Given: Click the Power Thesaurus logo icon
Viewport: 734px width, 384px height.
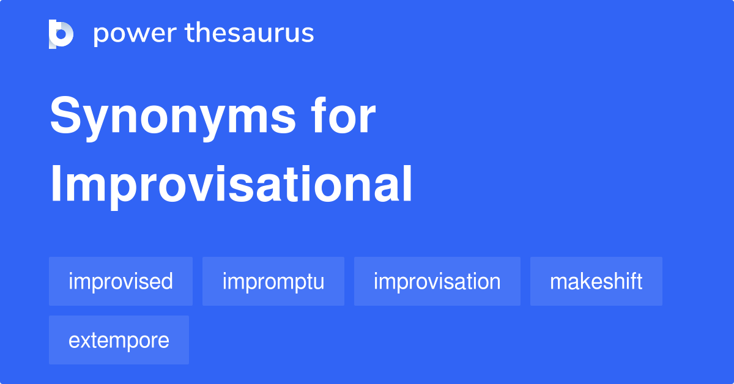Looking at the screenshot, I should (x=61, y=34).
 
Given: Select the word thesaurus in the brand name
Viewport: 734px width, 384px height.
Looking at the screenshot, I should (x=250, y=34).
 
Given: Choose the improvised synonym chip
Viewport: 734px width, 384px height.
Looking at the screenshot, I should (x=120, y=282).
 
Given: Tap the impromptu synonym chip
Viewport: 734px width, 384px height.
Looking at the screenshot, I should (x=273, y=282).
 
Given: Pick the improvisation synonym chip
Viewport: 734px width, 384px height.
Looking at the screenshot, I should (x=437, y=282).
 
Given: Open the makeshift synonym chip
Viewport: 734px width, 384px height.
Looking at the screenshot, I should (x=596, y=282).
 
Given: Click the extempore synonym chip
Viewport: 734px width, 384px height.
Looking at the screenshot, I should (x=119, y=341).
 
